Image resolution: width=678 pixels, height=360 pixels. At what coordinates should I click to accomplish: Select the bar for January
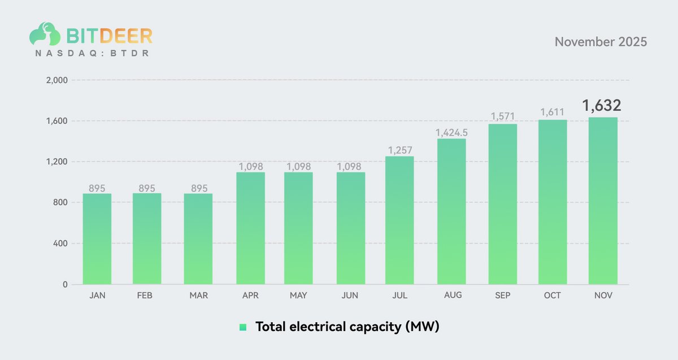click(97, 239)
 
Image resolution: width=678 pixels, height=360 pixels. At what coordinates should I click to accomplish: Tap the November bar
click(603, 201)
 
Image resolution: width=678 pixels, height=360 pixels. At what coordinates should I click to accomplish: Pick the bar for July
click(399, 220)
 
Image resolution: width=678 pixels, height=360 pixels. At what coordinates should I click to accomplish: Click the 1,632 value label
click(602, 106)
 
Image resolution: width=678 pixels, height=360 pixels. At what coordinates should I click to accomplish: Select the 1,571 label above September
click(503, 116)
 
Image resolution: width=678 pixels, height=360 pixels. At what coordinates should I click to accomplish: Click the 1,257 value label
click(399, 150)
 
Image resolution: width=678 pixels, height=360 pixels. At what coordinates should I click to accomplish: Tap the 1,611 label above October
click(553, 112)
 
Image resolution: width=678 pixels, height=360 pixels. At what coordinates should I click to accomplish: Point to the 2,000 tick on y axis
click(56, 80)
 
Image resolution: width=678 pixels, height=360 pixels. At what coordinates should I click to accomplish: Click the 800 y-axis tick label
click(60, 203)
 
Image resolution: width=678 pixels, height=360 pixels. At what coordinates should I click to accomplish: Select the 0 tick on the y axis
click(65, 285)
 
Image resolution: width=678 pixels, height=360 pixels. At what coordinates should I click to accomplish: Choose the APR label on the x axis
click(250, 296)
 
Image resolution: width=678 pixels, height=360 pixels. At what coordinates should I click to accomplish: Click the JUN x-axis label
click(350, 296)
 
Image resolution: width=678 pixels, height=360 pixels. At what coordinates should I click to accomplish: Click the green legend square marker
click(243, 327)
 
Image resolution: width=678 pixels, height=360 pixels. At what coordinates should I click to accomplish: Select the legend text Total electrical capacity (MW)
click(347, 327)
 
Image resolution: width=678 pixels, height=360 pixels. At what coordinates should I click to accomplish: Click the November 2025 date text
click(601, 42)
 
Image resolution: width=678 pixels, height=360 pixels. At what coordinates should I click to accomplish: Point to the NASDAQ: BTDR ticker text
click(92, 53)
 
